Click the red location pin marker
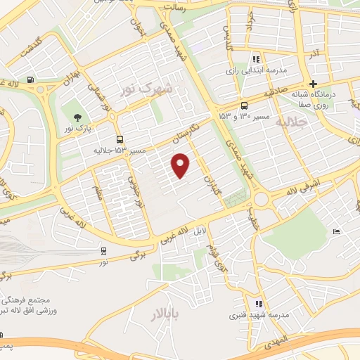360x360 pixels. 181,165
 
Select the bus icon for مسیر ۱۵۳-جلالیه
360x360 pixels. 120,139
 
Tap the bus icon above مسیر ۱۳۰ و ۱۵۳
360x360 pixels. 244,101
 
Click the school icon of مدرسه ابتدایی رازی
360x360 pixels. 256,60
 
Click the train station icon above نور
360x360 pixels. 104,250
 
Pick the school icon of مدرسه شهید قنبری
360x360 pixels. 259,304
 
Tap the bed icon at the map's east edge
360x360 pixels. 337,231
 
